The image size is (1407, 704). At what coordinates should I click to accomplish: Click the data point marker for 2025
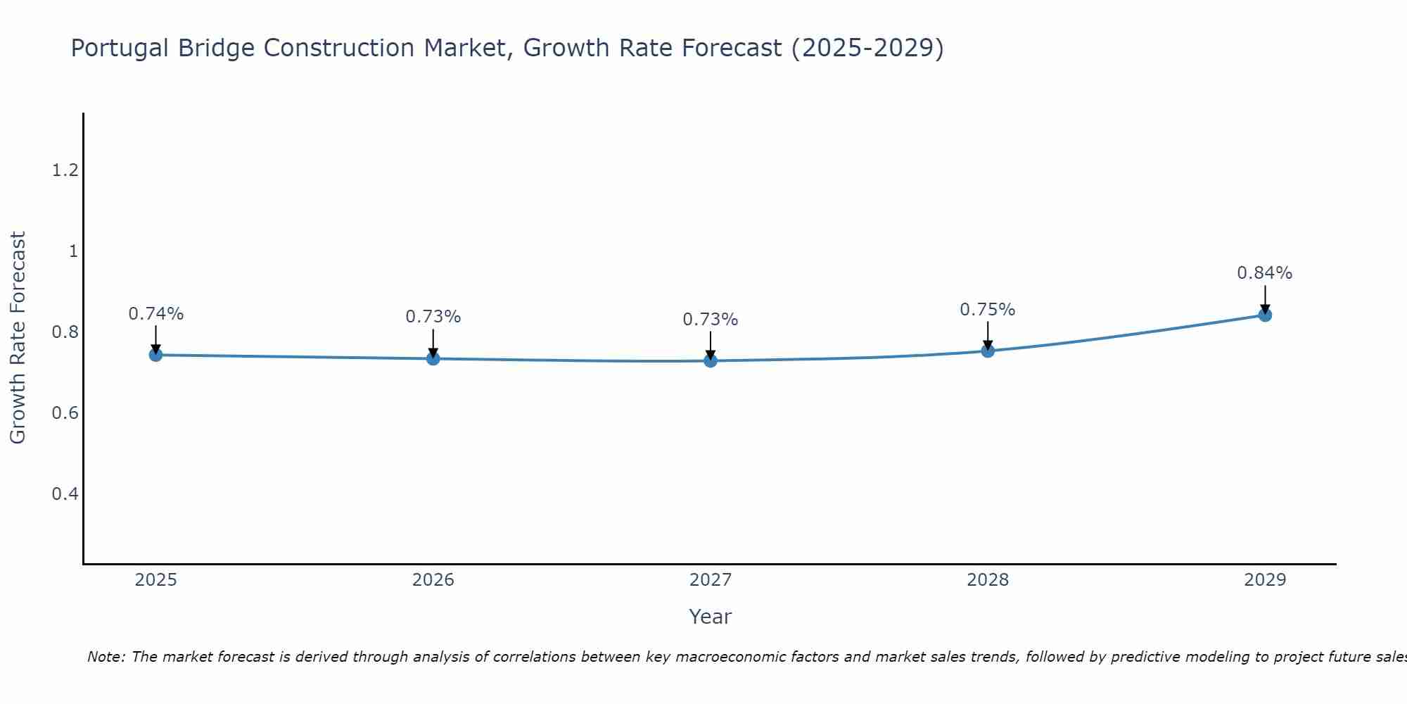(x=156, y=355)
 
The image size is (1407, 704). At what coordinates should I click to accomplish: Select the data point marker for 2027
(x=711, y=361)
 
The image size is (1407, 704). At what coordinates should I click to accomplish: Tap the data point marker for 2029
(x=1265, y=315)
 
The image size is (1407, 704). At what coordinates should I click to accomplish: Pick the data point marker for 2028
(x=988, y=351)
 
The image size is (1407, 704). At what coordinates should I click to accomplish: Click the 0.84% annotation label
(x=1264, y=273)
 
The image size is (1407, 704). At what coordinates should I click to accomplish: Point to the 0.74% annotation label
(x=155, y=314)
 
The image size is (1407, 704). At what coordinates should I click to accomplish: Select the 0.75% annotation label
(x=987, y=310)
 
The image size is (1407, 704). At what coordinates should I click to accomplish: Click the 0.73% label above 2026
(x=433, y=317)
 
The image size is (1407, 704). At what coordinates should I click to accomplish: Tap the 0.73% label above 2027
(x=710, y=320)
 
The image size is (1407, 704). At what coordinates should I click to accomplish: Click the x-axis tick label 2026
(x=433, y=580)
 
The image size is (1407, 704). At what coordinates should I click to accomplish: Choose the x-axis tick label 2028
(x=987, y=580)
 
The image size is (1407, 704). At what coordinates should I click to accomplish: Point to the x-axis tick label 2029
(x=1264, y=580)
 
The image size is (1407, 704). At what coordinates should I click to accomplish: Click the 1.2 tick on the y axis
(x=65, y=170)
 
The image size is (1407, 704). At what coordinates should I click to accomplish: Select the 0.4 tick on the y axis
(x=65, y=494)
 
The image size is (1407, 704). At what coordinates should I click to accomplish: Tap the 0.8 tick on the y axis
(x=65, y=332)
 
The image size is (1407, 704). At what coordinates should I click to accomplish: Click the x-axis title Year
(x=710, y=617)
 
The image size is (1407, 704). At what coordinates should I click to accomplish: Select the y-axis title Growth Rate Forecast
(x=18, y=338)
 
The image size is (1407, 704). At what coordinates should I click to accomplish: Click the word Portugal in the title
(x=120, y=48)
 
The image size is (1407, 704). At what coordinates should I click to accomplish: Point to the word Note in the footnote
(x=106, y=657)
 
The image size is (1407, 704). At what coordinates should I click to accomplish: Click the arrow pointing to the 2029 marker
(x=1265, y=299)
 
